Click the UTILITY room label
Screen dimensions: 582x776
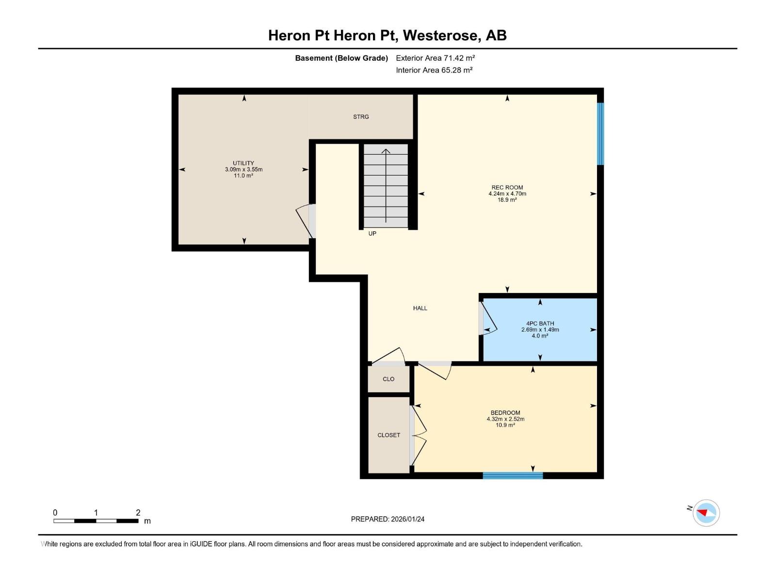(x=243, y=163)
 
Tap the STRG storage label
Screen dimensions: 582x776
(x=361, y=117)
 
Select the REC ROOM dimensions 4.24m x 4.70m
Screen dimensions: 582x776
(x=507, y=194)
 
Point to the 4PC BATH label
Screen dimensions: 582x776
(x=540, y=323)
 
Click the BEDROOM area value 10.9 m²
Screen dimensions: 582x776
(x=505, y=425)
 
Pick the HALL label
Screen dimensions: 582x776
(x=420, y=308)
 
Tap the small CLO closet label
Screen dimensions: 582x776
(x=388, y=379)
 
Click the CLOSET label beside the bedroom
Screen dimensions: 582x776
(x=388, y=435)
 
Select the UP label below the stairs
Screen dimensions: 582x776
(x=372, y=233)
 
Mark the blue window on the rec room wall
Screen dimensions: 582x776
(x=600, y=134)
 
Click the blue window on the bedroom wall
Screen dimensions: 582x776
(x=513, y=476)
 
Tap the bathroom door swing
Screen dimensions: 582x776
(x=489, y=319)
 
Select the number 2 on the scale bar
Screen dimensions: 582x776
(x=138, y=513)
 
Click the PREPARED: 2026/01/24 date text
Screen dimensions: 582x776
(x=388, y=519)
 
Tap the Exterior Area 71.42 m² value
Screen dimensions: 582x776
(x=435, y=58)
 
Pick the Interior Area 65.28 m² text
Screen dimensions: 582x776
(x=434, y=70)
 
